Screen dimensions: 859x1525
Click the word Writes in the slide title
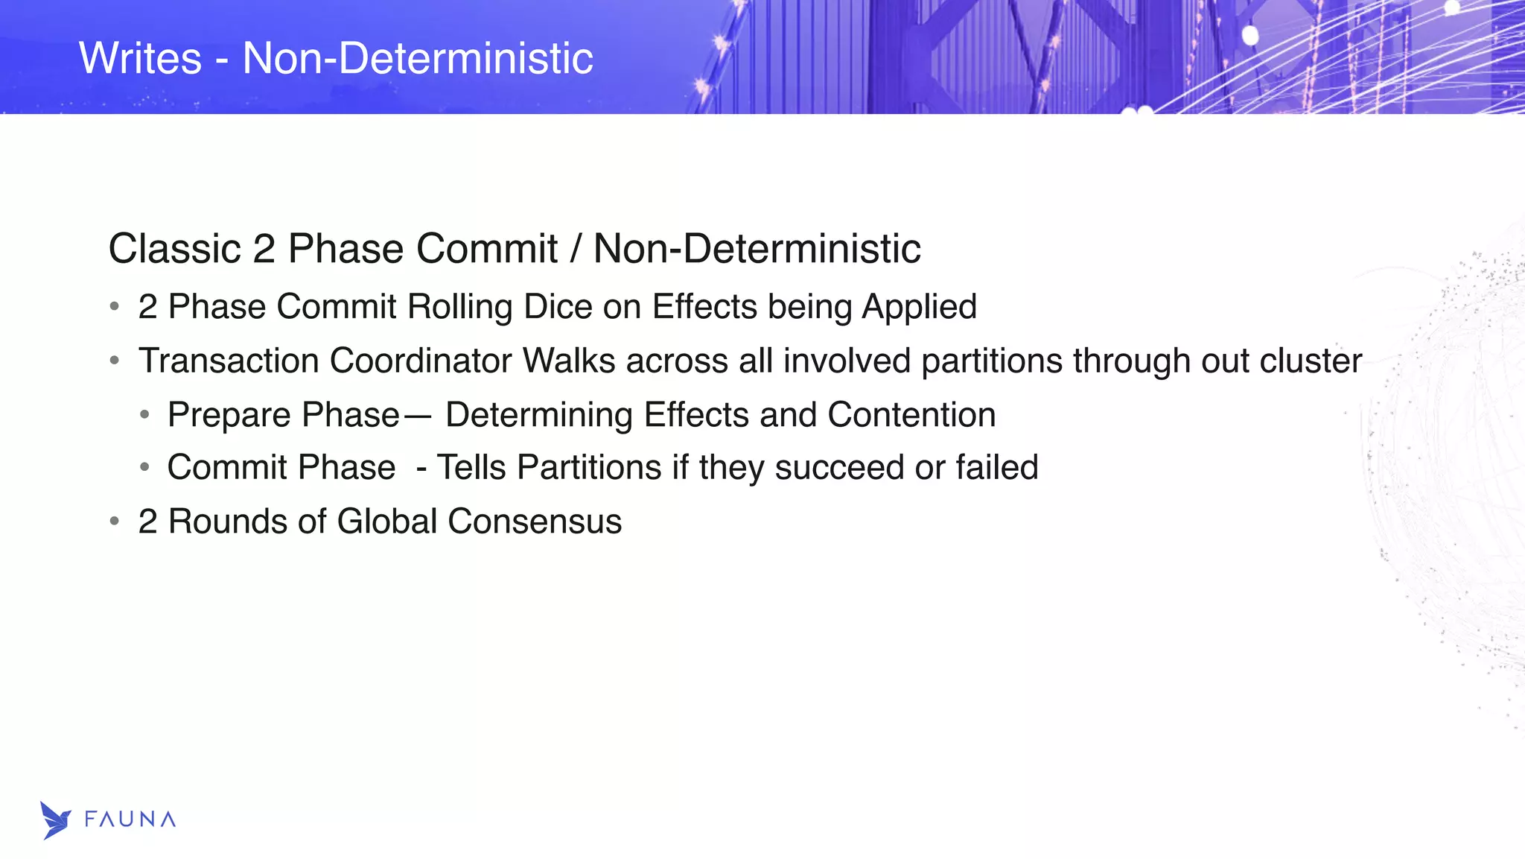click(x=140, y=58)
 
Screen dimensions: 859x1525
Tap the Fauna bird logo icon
click(x=55, y=820)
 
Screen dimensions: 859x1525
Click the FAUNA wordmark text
click(x=130, y=820)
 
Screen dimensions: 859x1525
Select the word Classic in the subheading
click(x=174, y=249)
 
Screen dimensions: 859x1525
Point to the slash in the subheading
click(x=575, y=249)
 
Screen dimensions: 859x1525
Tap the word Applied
click(x=920, y=307)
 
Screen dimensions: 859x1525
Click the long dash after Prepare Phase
click(x=418, y=416)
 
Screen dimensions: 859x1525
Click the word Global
click(x=386, y=522)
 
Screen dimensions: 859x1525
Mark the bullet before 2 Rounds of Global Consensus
click(x=114, y=522)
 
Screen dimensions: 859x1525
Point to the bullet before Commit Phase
click(x=144, y=468)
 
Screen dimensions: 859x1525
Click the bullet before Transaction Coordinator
click(x=114, y=361)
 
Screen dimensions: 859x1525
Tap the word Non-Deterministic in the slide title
click(x=418, y=58)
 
